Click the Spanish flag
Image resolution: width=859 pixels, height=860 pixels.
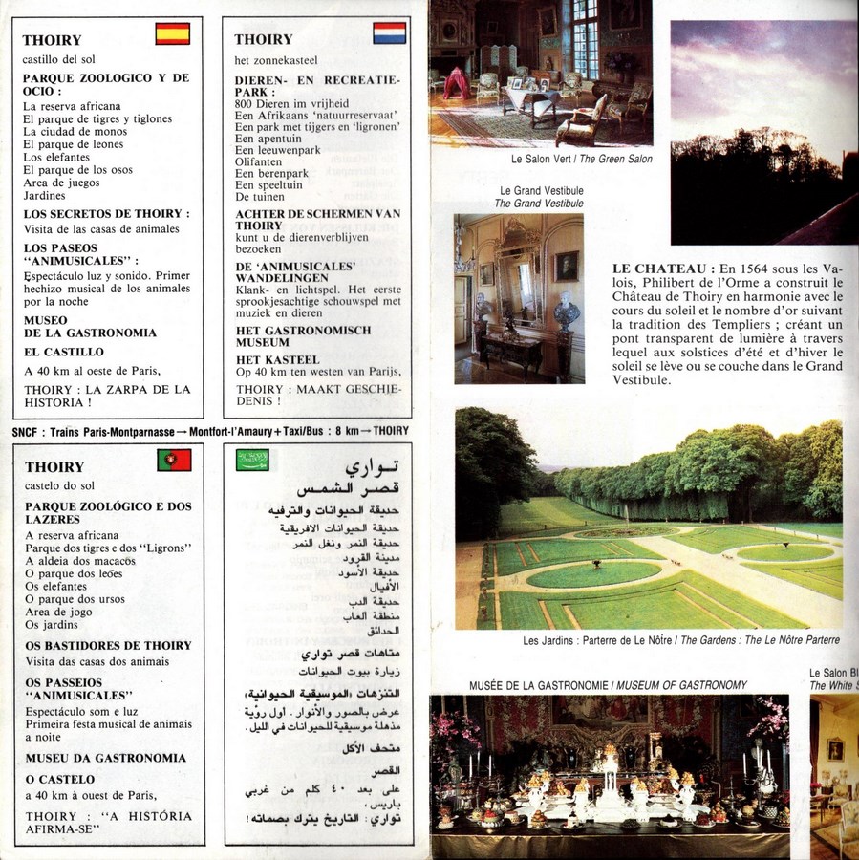173,34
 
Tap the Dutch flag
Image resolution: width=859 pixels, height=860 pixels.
389,33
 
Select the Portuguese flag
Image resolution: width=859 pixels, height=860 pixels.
174,461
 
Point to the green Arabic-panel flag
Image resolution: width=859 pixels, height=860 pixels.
252,461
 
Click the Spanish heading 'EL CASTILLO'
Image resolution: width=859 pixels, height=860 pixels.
62,352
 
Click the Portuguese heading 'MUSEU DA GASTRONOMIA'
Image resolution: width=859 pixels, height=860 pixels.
106,758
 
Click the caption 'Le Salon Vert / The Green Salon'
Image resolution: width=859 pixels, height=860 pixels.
581,160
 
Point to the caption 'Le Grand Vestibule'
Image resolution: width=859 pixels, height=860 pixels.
538,191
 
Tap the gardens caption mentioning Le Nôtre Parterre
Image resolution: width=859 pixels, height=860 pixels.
681,640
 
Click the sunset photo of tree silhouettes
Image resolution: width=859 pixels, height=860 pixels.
762,134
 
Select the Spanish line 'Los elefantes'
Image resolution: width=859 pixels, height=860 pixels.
56,157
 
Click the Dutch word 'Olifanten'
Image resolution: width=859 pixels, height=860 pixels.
259,163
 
